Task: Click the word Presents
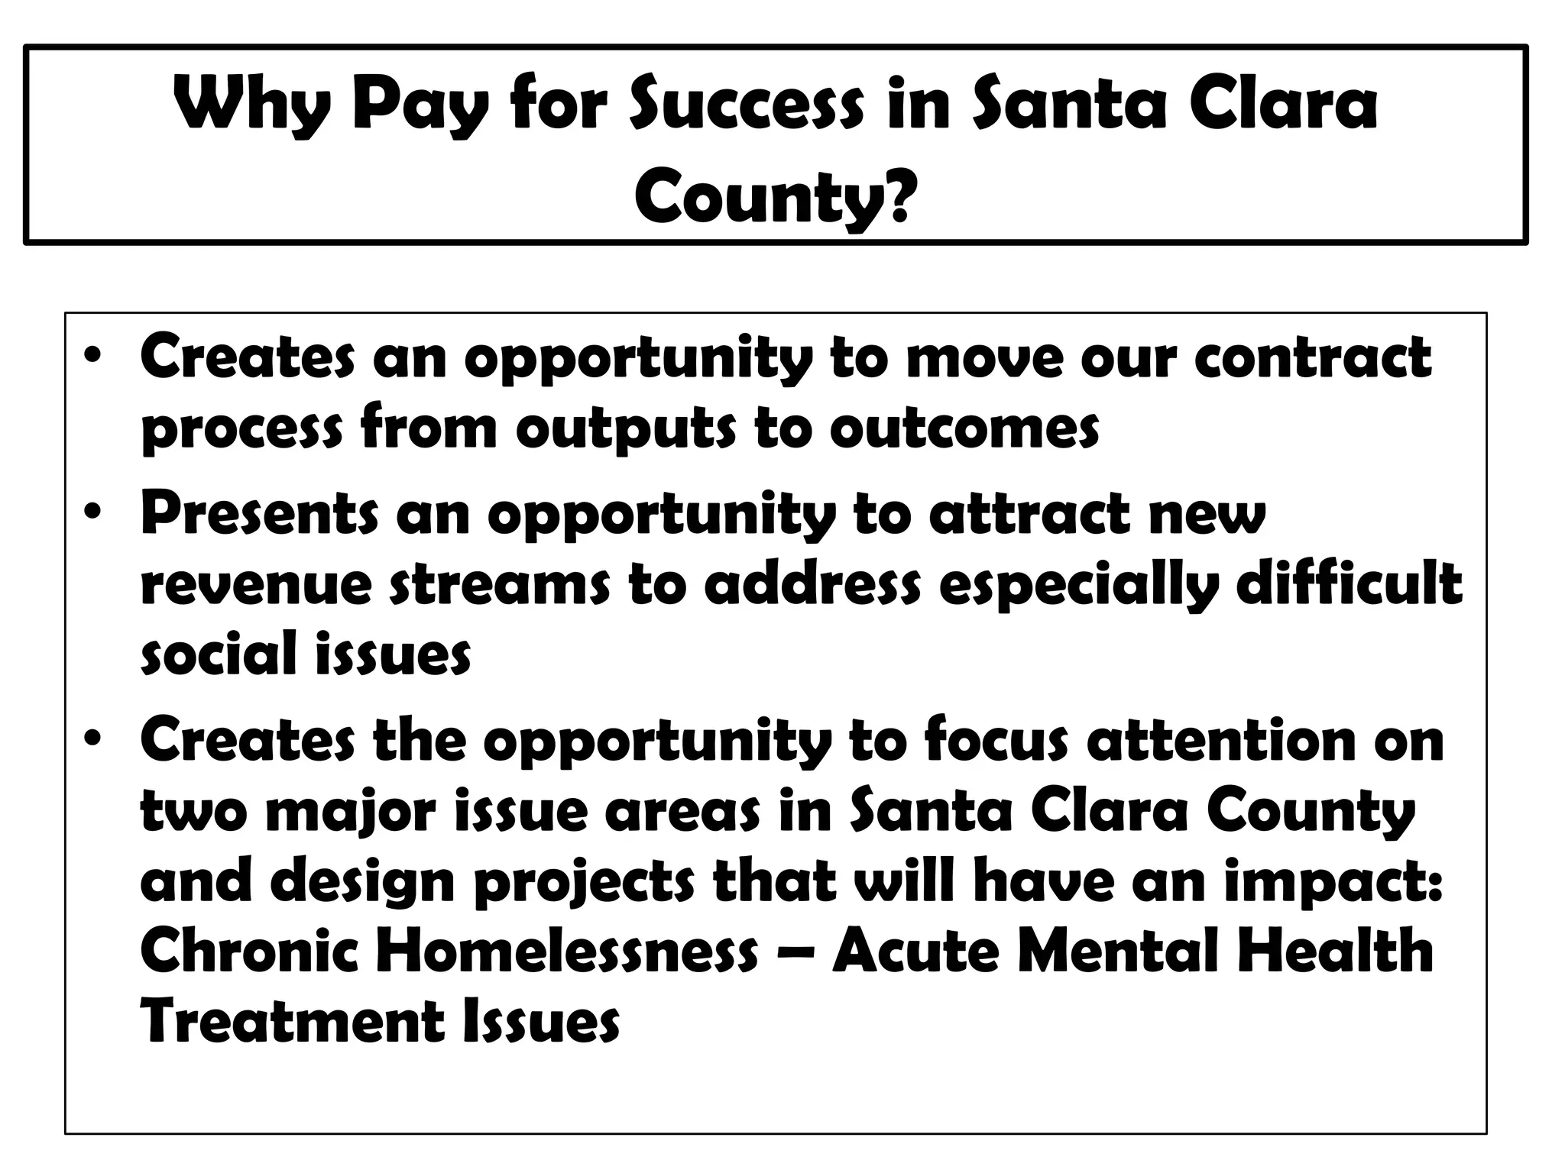(x=259, y=513)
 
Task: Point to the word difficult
(x=1348, y=584)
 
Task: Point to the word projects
(x=585, y=883)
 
